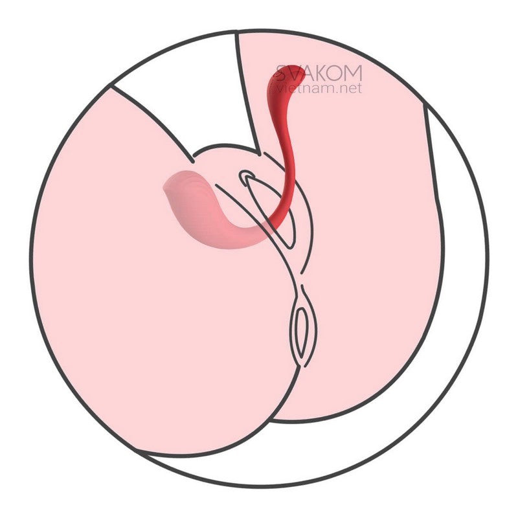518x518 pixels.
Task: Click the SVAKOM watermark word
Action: coord(319,73)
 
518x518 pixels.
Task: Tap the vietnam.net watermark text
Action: coord(315,89)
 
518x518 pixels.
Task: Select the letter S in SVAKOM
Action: coord(281,73)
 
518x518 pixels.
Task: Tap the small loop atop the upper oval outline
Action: coord(247,176)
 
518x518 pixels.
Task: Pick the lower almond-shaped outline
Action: coord(300,333)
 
